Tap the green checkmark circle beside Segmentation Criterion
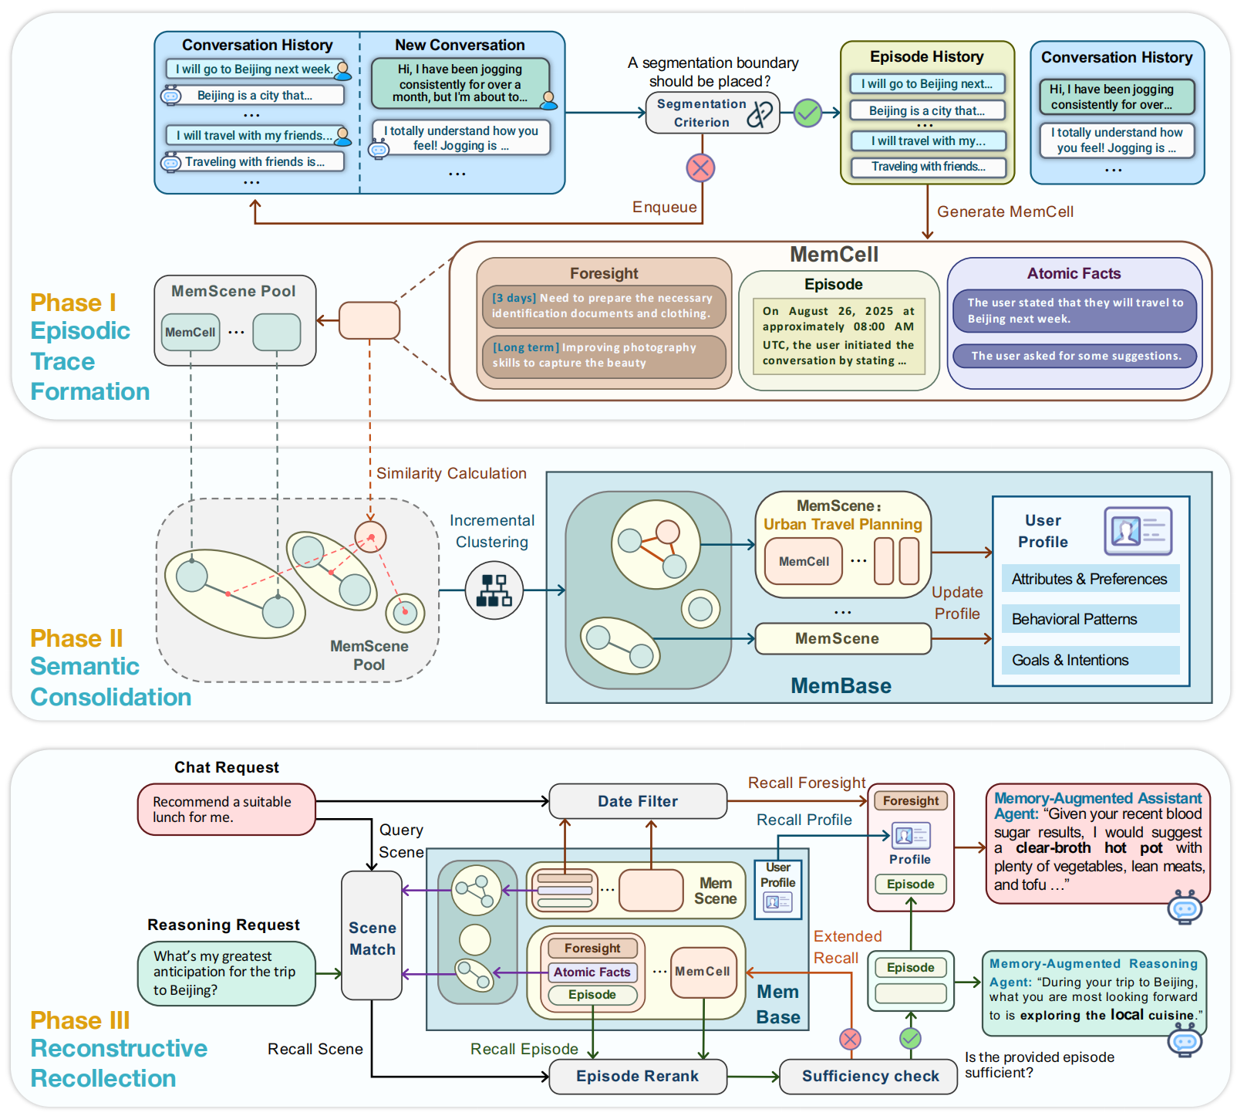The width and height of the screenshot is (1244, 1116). pyautogui.click(x=807, y=113)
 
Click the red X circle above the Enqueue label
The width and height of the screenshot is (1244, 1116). pyautogui.click(x=700, y=167)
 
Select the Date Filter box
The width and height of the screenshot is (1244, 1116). pyautogui.click(x=637, y=801)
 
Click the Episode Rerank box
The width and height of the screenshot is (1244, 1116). pyautogui.click(x=637, y=1076)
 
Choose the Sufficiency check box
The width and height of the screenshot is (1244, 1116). pyautogui.click(x=869, y=1076)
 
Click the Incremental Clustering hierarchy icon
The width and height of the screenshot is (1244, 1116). pyautogui.click(x=494, y=590)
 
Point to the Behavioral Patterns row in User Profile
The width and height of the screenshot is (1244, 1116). pyautogui.click(x=1090, y=619)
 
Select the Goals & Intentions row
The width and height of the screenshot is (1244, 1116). pyautogui.click(x=1090, y=660)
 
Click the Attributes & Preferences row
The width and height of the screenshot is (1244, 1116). pyautogui.click(x=1090, y=579)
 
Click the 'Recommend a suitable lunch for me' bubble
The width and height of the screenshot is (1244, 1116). pyautogui.click(x=226, y=810)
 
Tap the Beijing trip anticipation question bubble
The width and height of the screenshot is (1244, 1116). pyautogui.click(x=226, y=972)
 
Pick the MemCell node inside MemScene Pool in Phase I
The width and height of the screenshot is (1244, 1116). pyautogui.click(x=190, y=332)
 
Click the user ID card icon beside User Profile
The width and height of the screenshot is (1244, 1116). pyautogui.click(x=1138, y=531)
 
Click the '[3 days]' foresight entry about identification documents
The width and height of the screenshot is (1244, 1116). pyautogui.click(x=604, y=306)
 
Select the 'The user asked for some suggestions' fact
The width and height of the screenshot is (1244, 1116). pyautogui.click(x=1075, y=356)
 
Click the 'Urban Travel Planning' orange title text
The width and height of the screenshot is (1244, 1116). pyautogui.click(x=842, y=524)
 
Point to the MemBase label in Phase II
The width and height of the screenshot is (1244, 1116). pyautogui.click(x=841, y=686)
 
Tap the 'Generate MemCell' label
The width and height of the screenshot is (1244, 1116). pyautogui.click(x=1004, y=211)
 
